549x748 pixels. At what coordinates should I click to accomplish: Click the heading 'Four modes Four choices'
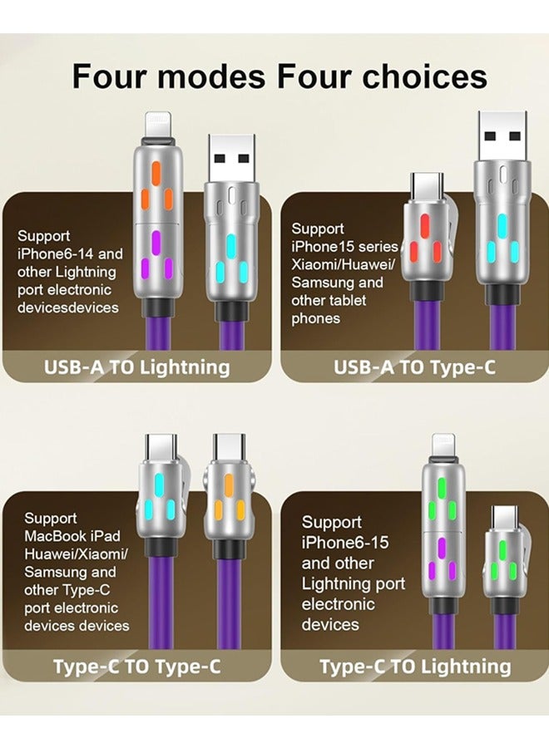279,76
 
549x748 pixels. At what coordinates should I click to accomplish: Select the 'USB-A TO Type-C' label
414,367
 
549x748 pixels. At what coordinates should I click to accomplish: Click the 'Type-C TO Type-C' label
137,667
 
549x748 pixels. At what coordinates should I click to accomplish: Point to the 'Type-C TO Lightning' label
415,666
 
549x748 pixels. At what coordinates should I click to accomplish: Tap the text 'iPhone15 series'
344,246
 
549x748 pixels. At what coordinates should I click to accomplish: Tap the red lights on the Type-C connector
424,239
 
